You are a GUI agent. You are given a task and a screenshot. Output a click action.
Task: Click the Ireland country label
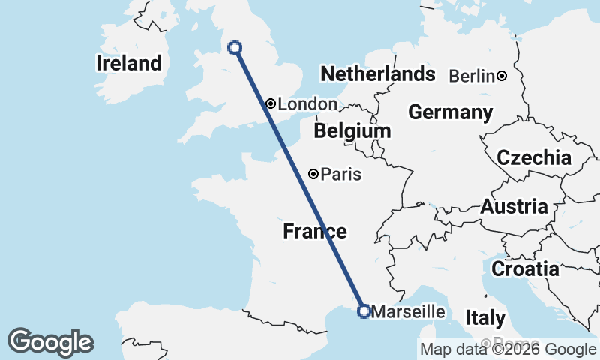click(129, 63)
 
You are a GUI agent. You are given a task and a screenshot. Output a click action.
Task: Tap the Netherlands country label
click(378, 73)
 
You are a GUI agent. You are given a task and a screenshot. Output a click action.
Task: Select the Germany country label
click(450, 112)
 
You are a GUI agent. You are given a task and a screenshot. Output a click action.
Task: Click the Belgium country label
click(352, 131)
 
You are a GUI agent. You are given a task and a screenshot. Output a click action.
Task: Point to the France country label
click(315, 232)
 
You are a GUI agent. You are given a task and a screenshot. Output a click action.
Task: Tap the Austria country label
click(514, 207)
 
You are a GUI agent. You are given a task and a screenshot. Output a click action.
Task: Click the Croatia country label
click(525, 268)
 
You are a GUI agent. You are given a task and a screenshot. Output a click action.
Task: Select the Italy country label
click(485, 317)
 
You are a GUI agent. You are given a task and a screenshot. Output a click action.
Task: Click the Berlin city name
click(471, 76)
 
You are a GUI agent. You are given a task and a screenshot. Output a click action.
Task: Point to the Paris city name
click(341, 175)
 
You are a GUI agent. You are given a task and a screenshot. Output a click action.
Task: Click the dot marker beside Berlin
click(501, 76)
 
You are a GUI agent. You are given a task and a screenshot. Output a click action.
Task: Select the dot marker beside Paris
click(313, 174)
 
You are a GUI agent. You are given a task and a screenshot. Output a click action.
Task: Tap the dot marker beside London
click(270, 103)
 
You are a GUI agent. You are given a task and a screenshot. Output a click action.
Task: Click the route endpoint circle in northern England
click(234, 48)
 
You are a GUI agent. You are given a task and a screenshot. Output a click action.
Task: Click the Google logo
click(50, 342)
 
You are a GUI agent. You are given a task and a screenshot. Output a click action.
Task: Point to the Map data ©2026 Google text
click(508, 349)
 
